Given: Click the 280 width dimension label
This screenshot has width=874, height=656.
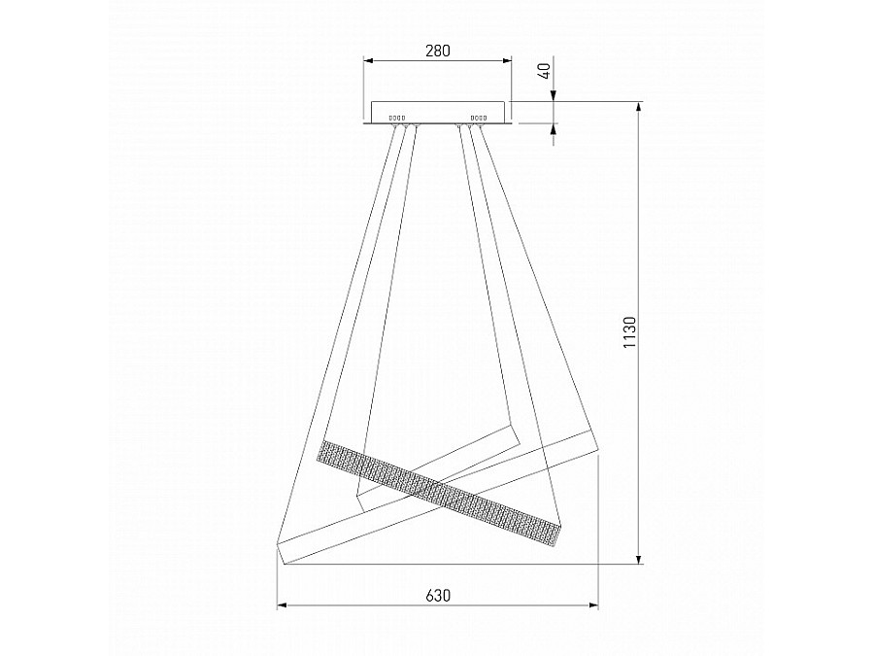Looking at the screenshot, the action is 438,51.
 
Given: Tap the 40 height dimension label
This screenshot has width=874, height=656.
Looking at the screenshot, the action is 545,71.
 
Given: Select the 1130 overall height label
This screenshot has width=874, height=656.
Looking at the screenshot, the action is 629,332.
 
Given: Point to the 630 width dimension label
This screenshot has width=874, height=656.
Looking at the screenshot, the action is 438,596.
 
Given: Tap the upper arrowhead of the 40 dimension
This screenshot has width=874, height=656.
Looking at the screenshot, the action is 554,96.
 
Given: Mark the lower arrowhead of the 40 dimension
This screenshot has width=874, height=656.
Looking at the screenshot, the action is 554,129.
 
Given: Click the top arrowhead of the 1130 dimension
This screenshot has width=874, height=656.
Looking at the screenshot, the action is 639,108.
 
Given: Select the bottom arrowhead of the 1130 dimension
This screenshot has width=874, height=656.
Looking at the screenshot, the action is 639,559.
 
